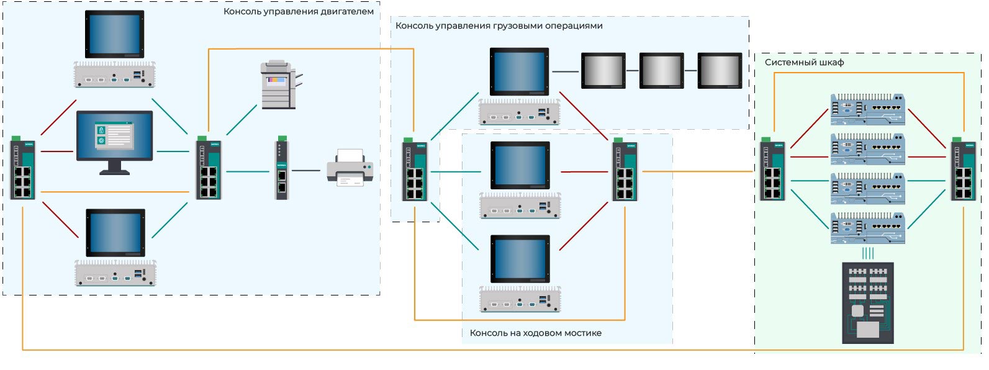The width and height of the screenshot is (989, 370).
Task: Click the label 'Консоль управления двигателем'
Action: pyautogui.click(x=299, y=11)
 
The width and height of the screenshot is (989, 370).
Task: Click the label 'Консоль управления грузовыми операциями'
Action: pyautogui.click(x=499, y=26)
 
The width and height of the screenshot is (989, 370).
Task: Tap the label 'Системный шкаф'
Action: pyautogui.click(x=804, y=62)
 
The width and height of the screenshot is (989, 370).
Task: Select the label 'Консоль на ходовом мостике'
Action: pyautogui.click(x=535, y=333)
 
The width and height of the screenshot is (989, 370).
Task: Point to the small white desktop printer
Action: pyautogui.click(x=350, y=167)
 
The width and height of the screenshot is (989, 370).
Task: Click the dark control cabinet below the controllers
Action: pyautogui.click(x=868, y=303)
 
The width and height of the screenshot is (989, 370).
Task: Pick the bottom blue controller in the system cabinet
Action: pyautogui.click(x=868, y=228)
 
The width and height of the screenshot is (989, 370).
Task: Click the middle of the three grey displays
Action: pyautogui.click(x=662, y=70)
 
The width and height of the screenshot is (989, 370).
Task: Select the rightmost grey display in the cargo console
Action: pyautogui.click(x=720, y=70)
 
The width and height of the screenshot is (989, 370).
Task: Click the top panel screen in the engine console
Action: pyautogui.click(x=115, y=34)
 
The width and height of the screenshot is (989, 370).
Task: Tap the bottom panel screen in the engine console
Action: pyautogui.click(x=115, y=233)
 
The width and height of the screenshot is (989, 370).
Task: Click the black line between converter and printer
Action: pyautogui.click(x=306, y=170)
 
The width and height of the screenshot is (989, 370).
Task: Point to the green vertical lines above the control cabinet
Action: pyautogui.click(x=868, y=253)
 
